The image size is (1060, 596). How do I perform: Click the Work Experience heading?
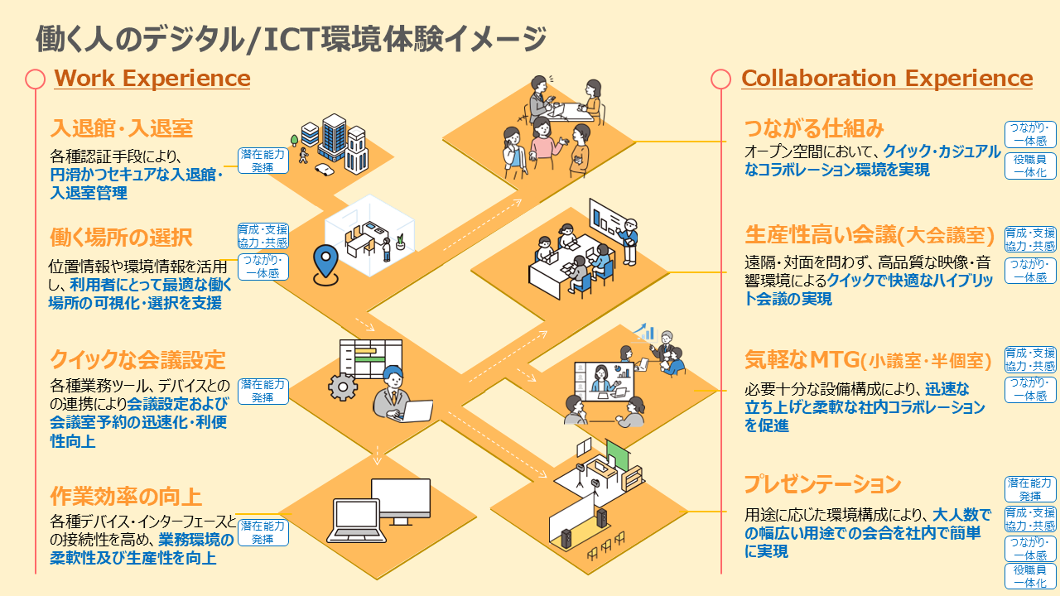(x=152, y=78)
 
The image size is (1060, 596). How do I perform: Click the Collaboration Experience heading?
(x=887, y=78)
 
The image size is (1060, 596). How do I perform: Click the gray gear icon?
(x=343, y=387)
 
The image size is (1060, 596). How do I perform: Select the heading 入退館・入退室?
(x=122, y=128)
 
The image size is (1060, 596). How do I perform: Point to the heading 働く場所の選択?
(x=121, y=238)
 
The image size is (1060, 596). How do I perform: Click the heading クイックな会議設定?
(x=137, y=360)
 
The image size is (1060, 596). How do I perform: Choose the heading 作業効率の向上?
(x=126, y=497)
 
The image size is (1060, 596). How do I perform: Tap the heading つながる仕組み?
(x=814, y=128)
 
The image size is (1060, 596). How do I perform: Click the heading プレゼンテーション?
(x=822, y=484)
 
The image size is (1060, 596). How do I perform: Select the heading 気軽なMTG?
(x=802, y=360)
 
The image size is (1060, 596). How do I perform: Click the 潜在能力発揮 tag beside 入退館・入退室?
(x=263, y=161)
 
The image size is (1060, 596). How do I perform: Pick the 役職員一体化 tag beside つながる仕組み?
(x=1030, y=166)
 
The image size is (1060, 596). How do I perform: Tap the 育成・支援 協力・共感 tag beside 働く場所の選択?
(x=263, y=236)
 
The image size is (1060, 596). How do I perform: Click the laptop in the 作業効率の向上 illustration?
(x=356, y=521)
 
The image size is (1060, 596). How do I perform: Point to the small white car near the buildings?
(x=324, y=170)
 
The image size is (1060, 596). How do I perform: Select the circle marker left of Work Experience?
(x=35, y=79)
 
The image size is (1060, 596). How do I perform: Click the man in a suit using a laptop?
(x=397, y=393)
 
